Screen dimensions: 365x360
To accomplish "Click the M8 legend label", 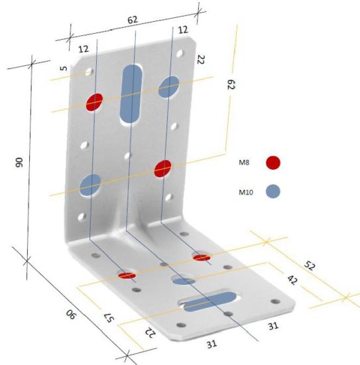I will pyautogui.click(x=245, y=162).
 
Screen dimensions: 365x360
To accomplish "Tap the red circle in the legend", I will pyautogui.click(x=272, y=162).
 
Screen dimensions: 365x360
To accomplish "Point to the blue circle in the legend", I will pyautogui.click(x=272, y=192).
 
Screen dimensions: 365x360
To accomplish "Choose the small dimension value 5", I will pyautogui.click(x=62, y=68).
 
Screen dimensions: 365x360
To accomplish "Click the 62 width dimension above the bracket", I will pyautogui.click(x=133, y=21).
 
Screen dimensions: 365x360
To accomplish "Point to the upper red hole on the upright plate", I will pyautogui.click(x=95, y=102).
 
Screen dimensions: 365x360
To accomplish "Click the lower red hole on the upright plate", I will pyautogui.click(x=162, y=168).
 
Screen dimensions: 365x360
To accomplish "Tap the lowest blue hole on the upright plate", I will pyautogui.click(x=90, y=184).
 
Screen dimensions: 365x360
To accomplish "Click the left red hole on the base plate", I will pyautogui.click(x=127, y=274).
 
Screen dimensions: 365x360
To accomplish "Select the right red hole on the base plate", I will pyautogui.click(x=202, y=256).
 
